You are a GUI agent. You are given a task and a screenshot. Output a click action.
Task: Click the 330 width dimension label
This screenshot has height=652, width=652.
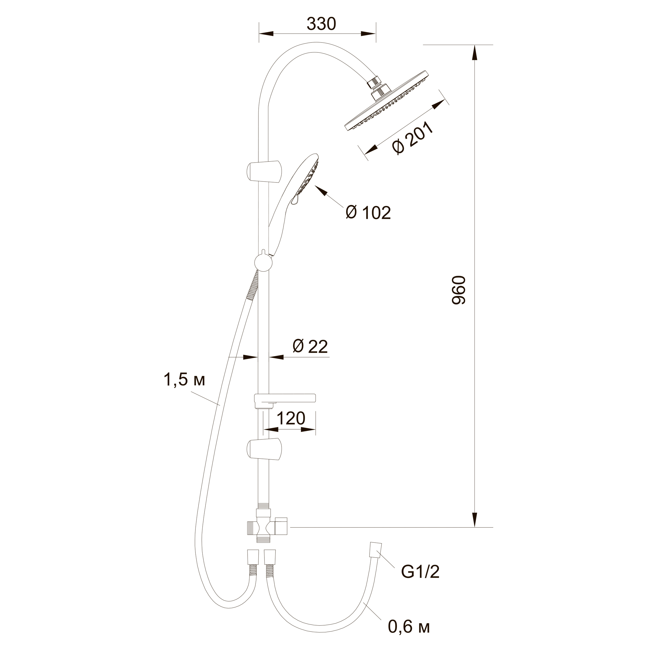[321, 24]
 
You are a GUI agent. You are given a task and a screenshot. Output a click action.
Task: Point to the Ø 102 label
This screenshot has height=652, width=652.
[369, 213]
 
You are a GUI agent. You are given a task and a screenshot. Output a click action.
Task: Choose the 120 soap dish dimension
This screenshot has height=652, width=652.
[291, 418]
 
